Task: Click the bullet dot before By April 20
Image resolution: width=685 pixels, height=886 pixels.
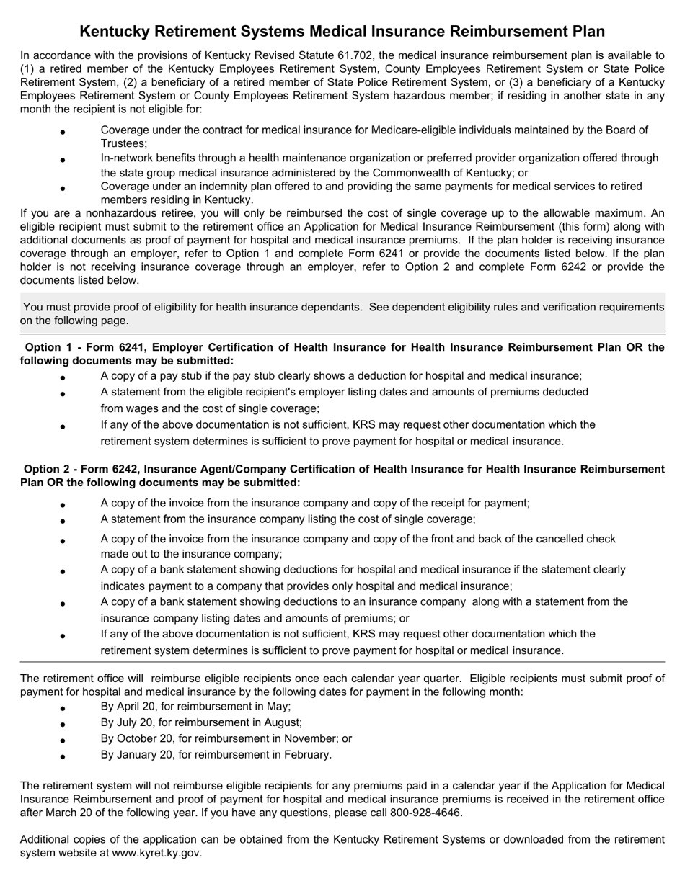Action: coord(63,708)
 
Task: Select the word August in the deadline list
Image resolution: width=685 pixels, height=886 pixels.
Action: coord(279,722)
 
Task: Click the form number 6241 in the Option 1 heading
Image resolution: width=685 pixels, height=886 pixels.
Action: coord(135,347)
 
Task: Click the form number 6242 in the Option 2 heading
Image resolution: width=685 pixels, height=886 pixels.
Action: coord(135,469)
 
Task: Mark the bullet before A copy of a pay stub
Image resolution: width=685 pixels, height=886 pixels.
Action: coord(63,377)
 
